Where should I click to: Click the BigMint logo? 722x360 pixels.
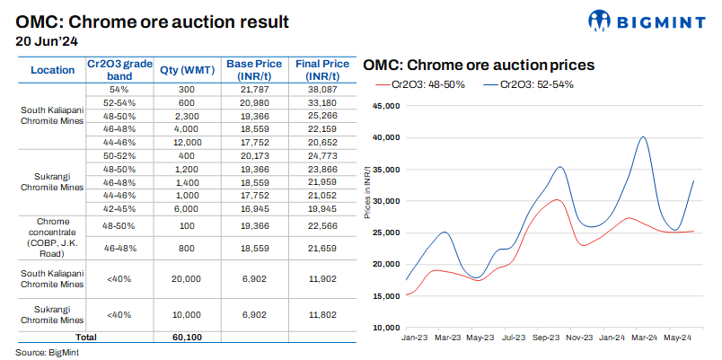[x=650, y=21]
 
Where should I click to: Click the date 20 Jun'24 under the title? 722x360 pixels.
[x=48, y=40]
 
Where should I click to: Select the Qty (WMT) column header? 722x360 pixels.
[x=186, y=70]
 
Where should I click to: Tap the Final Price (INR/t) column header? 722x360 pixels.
[x=323, y=70]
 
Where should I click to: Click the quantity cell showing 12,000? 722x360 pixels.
[x=186, y=142]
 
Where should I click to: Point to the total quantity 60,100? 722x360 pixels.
[x=186, y=337]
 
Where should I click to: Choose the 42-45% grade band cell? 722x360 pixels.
[x=119, y=207]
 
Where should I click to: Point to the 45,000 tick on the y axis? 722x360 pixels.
[x=383, y=106]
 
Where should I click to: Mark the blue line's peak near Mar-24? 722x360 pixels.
[x=644, y=137]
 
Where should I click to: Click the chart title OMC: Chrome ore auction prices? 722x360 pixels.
[x=478, y=66]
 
